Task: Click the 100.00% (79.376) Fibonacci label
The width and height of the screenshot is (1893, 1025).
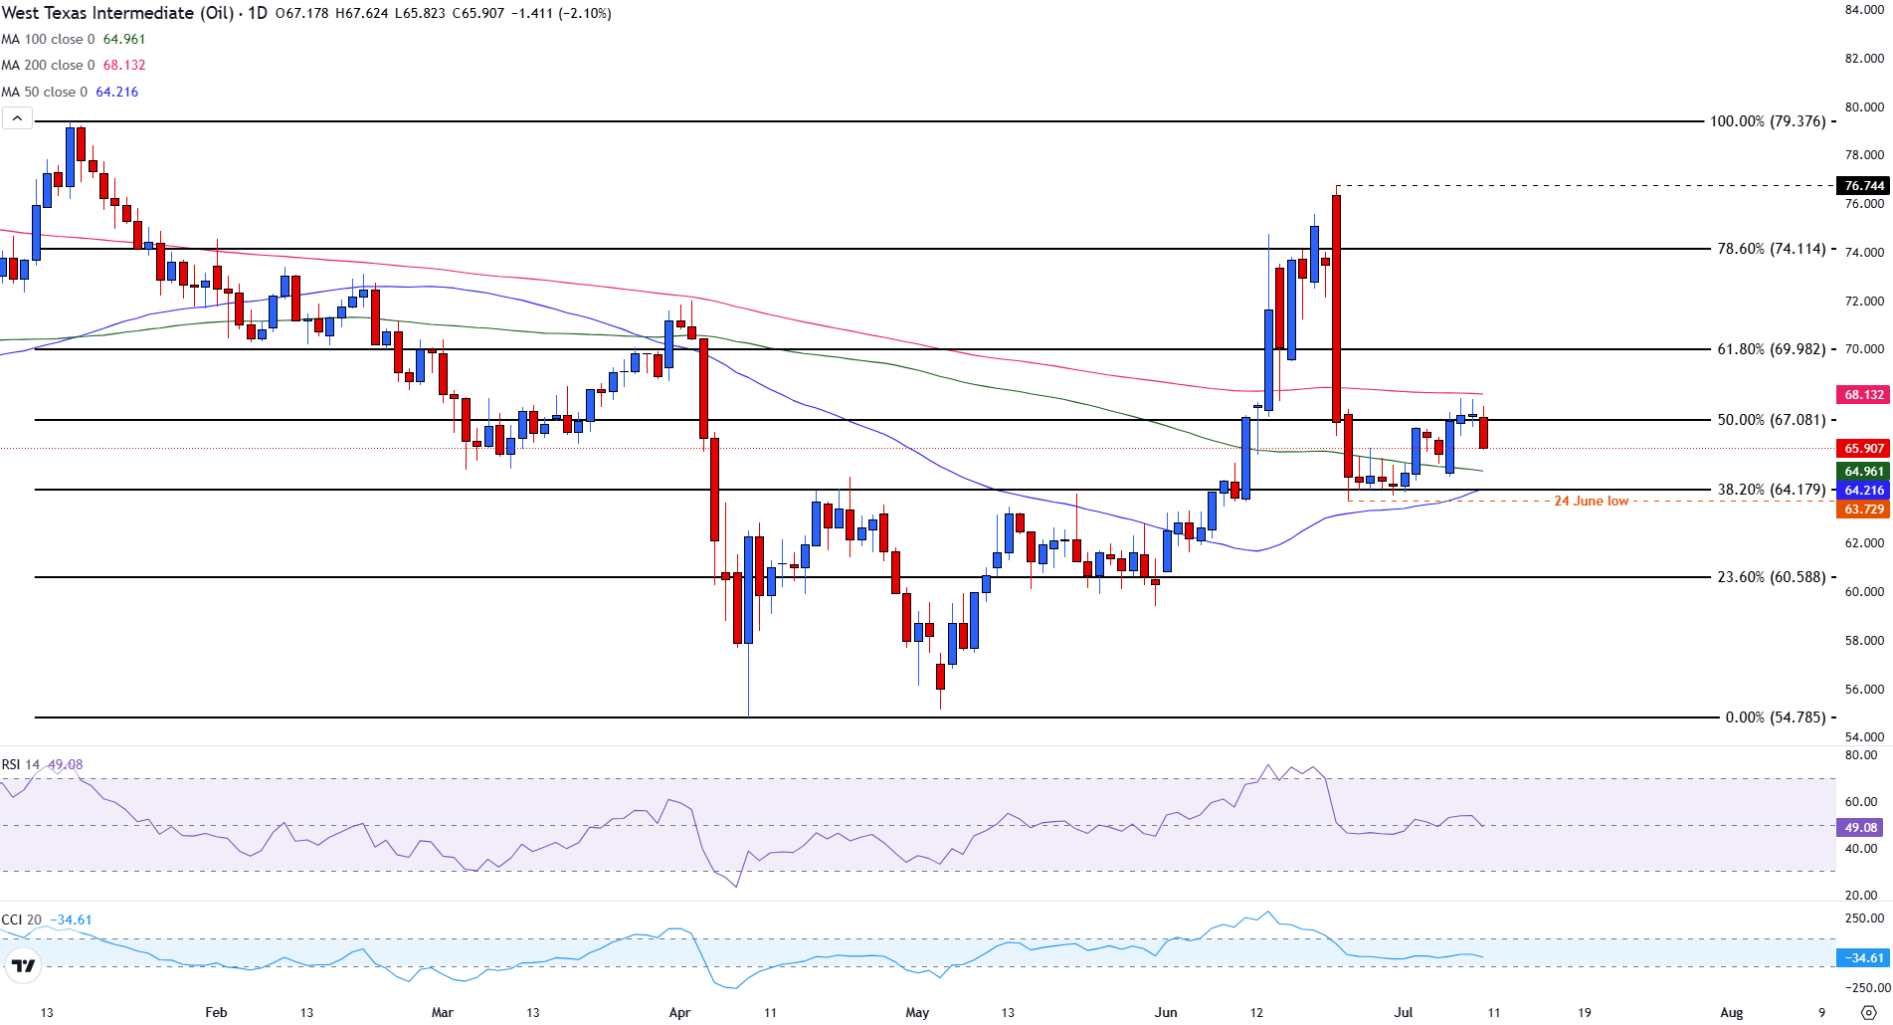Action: click(1768, 121)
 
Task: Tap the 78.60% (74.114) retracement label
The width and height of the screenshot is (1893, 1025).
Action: click(1771, 249)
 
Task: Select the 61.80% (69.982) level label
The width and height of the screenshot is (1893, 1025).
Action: click(1771, 349)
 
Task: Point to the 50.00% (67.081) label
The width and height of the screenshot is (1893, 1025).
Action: click(1771, 420)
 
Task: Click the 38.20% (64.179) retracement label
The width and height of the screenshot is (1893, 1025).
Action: click(1771, 490)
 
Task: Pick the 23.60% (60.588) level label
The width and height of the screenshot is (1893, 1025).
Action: click(1771, 577)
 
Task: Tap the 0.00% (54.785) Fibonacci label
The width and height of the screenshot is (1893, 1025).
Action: click(1775, 717)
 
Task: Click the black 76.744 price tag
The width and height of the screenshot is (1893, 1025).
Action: click(1863, 186)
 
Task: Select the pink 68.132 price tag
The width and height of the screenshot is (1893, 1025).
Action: click(1863, 395)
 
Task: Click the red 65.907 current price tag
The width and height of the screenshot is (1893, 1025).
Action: click(1863, 449)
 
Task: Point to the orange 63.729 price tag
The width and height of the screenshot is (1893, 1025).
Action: click(1863, 510)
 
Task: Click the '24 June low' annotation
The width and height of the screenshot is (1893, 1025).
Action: click(1591, 502)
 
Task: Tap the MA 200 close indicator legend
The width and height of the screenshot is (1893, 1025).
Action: click(74, 65)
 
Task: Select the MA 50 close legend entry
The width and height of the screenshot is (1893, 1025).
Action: click(70, 92)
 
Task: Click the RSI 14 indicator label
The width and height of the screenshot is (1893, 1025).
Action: click(42, 764)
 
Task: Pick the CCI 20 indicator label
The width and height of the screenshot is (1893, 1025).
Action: click(46, 920)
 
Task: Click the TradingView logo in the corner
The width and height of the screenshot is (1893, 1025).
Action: click(22, 965)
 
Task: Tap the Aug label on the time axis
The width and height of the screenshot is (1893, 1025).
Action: click(1731, 1012)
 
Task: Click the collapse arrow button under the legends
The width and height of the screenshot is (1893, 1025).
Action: click(17, 118)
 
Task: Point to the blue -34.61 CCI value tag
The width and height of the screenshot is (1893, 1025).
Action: click(1863, 958)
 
